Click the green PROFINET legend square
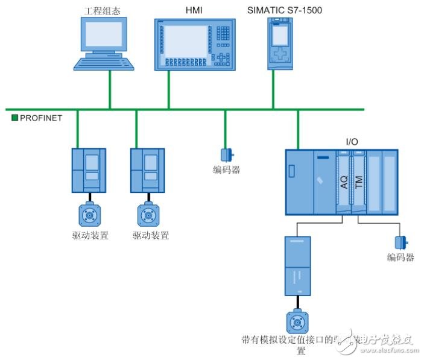(x=15, y=118)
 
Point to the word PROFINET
(x=41, y=118)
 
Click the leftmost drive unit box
(x=89, y=169)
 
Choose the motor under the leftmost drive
(x=89, y=215)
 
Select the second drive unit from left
(x=148, y=169)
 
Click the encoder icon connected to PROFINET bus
(x=227, y=154)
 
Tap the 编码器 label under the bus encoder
(x=227, y=170)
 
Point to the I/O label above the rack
(x=352, y=142)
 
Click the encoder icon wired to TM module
(x=400, y=242)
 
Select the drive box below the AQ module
(x=297, y=265)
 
